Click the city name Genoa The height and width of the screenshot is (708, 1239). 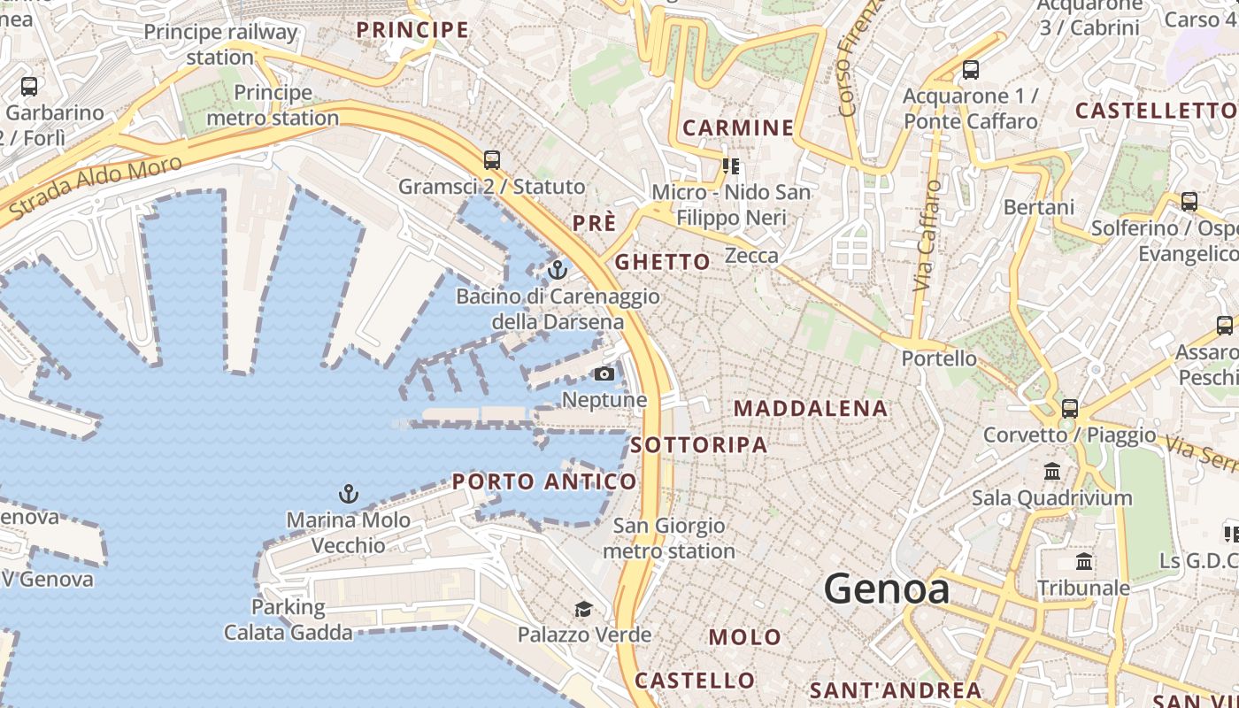click(x=887, y=589)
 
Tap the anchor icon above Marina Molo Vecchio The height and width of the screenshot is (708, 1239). click(x=349, y=494)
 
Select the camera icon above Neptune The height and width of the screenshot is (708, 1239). click(x=604, y=373)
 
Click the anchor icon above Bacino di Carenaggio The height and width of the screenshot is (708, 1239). click(x=558, y=269)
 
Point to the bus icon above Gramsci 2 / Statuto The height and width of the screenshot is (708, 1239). click(x=492, y=160)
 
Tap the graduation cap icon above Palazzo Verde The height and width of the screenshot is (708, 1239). click(x=583, y=609)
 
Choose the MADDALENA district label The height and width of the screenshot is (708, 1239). click(x=811, y=408)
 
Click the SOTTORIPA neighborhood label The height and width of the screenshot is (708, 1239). click(x=700, y=444)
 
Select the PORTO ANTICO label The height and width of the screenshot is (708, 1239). click(x=544, y=481)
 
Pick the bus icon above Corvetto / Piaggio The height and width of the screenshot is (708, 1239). click(x=1070, y=409)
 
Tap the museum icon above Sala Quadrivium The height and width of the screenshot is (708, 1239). click(x=1052, y=472)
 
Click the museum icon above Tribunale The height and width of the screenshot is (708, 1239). click(x=1084, y=562)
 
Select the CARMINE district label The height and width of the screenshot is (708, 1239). click(x=739, y=127)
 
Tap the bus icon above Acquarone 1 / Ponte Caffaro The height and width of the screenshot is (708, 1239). click(x=971, y=70)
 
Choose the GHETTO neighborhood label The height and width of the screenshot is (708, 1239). click(x=662, y=262)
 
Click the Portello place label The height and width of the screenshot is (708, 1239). click(x=939, y=358)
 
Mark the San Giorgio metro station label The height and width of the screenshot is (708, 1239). click(x=669, y=538)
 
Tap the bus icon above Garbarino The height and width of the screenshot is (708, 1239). click(x=29, y=87)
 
